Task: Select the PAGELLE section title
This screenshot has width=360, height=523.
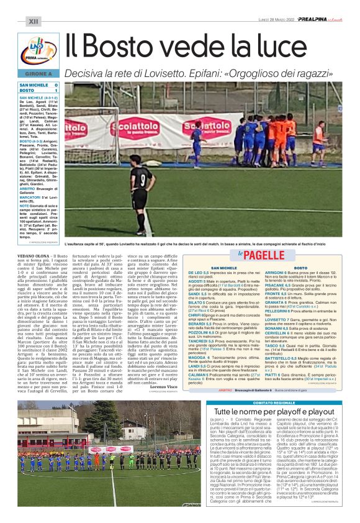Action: [268, 255]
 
